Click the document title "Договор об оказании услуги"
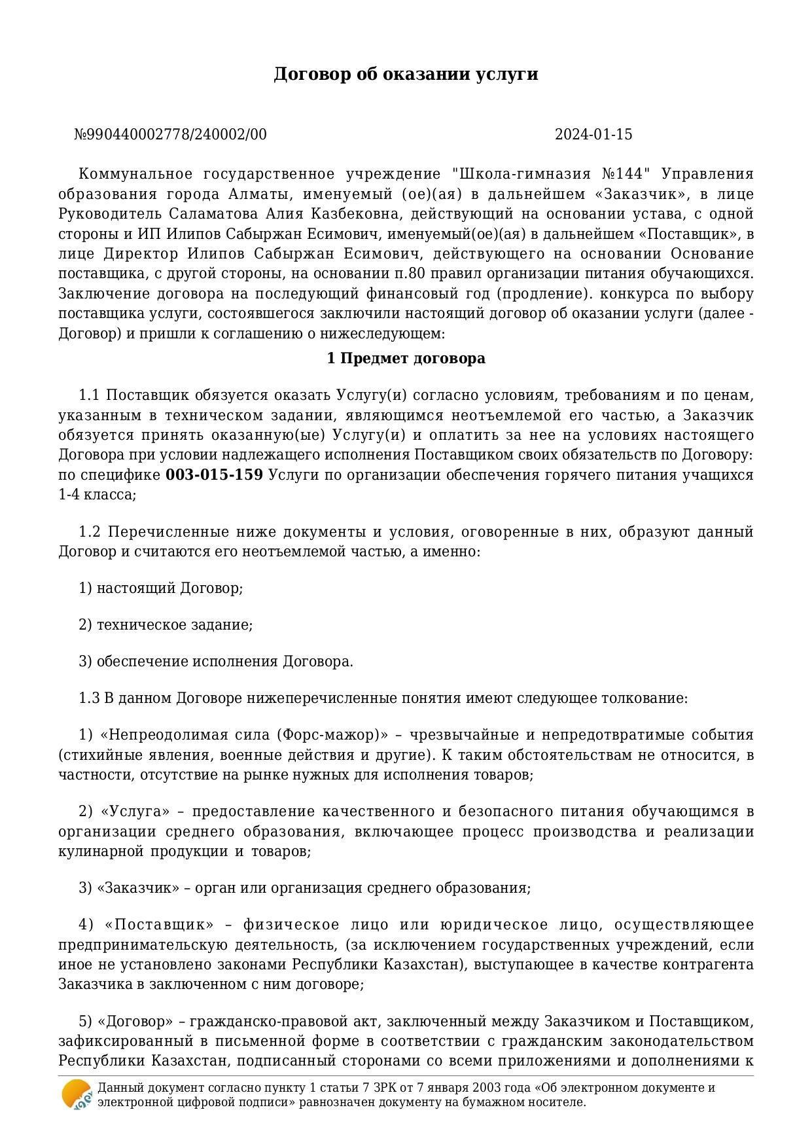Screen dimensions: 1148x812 tap(406, 74)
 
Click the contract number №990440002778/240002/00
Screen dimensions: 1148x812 tap(170, 135)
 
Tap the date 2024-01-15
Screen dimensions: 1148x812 tap(593, 135)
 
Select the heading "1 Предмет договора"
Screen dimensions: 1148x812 tap(406, 359)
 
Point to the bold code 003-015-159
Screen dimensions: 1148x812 tap(215, 475)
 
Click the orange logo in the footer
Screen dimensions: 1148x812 tap(76, 1095)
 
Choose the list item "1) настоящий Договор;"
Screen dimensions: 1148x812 tap(161, 588)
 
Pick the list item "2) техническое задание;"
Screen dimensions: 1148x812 tap(166, 625)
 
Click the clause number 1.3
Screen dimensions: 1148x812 tap(89, 698)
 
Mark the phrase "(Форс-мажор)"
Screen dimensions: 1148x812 tap(332, 735)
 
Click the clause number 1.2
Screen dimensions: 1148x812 tap(89, 532)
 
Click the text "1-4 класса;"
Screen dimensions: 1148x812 tap(97, 495)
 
